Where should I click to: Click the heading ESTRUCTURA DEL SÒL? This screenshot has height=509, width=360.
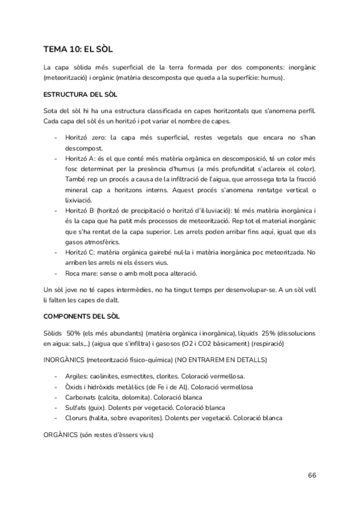point(80,95)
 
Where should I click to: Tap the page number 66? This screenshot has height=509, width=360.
point(312,475)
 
